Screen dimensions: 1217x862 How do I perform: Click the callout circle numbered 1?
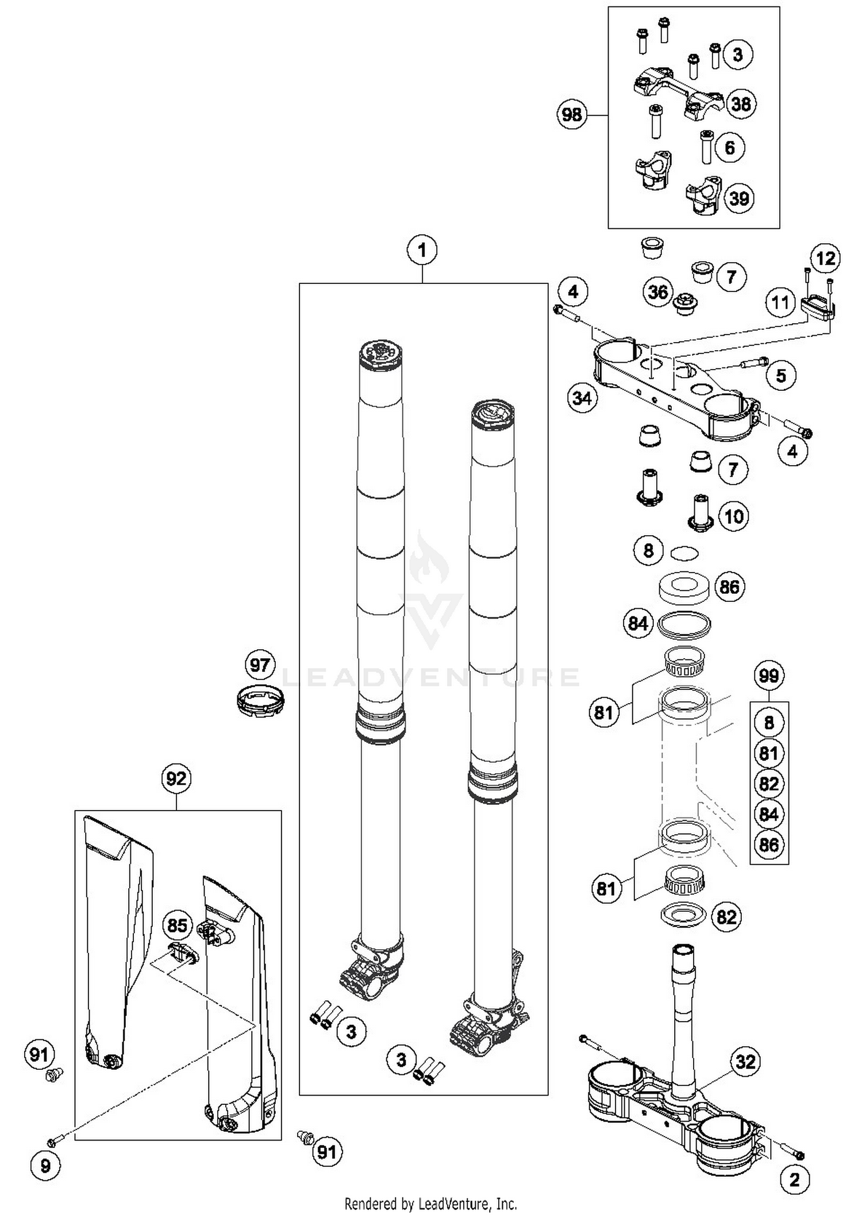point(422,251)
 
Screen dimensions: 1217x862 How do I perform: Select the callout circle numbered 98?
point(571,115)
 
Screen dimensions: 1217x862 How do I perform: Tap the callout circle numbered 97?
point(260,666)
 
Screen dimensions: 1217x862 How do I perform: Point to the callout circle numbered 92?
point(176,778)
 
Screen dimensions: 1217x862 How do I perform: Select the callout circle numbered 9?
point(45,1165)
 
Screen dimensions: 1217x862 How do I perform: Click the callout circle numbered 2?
point(794,1180)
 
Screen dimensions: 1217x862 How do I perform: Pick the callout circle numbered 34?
point(582,398)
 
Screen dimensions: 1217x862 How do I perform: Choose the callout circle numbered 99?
point(768,675)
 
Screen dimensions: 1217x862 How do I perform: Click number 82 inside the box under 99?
point(769,784)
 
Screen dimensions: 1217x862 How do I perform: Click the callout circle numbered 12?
point(826,259)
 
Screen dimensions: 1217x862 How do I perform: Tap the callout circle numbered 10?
point(734,516)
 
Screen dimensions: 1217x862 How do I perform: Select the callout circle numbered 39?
point(739,198)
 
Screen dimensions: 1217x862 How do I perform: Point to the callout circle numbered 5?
point(780,376)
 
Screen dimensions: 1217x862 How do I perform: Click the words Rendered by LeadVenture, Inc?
point(430,1203)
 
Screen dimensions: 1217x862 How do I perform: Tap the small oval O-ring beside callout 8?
point(684,553)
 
